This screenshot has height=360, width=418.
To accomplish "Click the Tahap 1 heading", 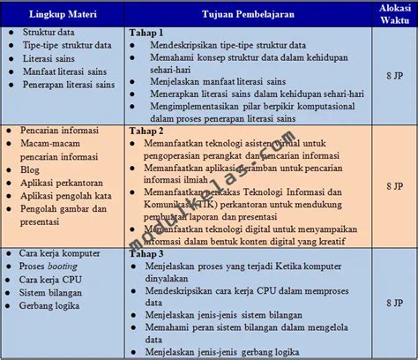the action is click(x=146, y=32).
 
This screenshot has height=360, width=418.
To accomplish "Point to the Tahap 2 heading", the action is click(x=146, y=131).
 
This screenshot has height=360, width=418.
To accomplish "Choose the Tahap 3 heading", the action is click(x=146, y=252).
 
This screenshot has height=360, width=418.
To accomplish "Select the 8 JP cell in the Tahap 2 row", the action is click(x=393, y=186).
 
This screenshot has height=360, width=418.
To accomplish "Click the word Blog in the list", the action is click(x=30, y=169).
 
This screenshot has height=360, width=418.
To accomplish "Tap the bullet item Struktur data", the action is click(x=49, y=32).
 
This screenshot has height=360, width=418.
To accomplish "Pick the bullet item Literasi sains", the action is click(x=49, y=58).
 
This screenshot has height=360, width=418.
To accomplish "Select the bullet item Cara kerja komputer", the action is click(x=59, y=252).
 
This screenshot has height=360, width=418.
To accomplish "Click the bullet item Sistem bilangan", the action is click(x=54, y=292).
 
